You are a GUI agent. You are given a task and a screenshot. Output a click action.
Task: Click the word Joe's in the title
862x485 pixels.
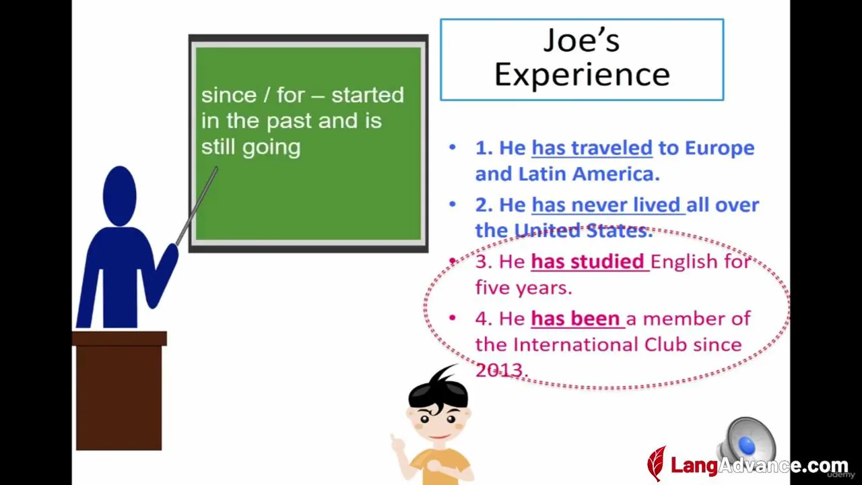(x=581, y=40)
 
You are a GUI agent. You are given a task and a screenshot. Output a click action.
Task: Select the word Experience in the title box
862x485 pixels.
(x=582, y=75)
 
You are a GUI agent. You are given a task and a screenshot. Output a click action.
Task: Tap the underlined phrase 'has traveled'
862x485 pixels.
(x=592, y=148)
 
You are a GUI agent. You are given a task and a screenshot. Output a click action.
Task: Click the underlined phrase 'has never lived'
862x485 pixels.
(x=608, y=205)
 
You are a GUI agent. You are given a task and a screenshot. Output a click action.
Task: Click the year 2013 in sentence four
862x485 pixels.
(x=500, y=370)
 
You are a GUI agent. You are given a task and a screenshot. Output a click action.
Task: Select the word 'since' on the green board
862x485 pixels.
(x=229, y=95)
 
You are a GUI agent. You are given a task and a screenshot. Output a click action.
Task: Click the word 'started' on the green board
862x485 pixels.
(x=368, y=95)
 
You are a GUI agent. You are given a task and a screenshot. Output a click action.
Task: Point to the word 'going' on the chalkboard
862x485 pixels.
(x=271, y=148)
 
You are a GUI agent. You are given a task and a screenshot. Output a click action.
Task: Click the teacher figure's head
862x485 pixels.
(x=120, y=196)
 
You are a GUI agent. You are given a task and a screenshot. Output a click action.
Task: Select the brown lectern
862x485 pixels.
(x=119, y=390)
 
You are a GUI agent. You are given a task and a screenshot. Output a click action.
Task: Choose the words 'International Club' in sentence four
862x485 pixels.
(x=600, y=344)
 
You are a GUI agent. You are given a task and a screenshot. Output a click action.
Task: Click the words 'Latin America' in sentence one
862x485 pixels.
(x=589, y=174)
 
